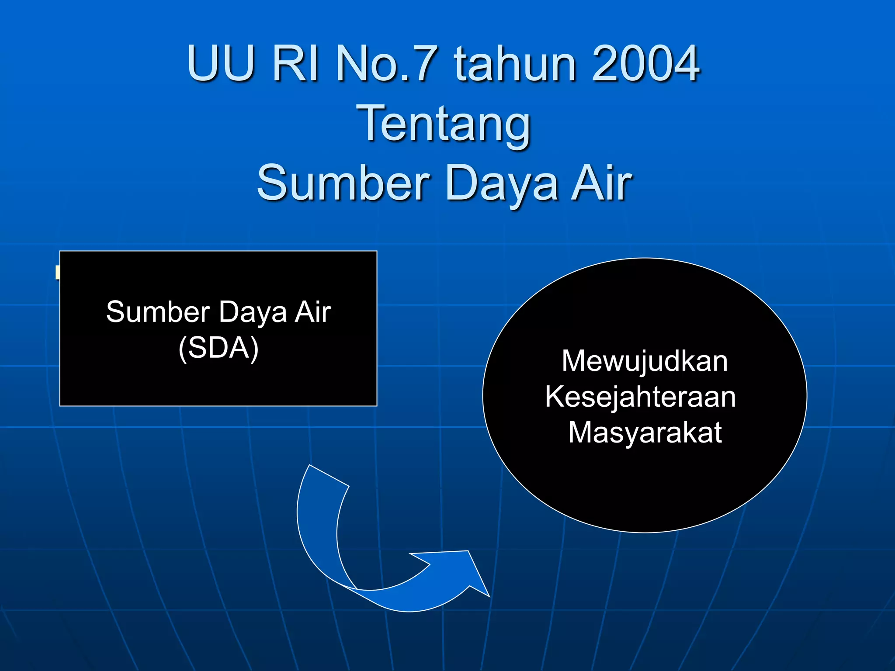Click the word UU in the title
[220, 64]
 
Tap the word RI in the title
[295, 64]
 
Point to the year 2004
[647, 64]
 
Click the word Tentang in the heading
[444, 124]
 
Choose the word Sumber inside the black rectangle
[158, 312]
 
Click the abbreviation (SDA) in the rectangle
[219, 348]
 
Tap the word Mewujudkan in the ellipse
[645, 362]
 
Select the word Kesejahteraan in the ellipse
[641, 398]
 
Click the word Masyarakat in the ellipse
[645, 433]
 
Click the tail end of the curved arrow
[328, 476]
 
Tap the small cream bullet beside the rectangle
[57, 273]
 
